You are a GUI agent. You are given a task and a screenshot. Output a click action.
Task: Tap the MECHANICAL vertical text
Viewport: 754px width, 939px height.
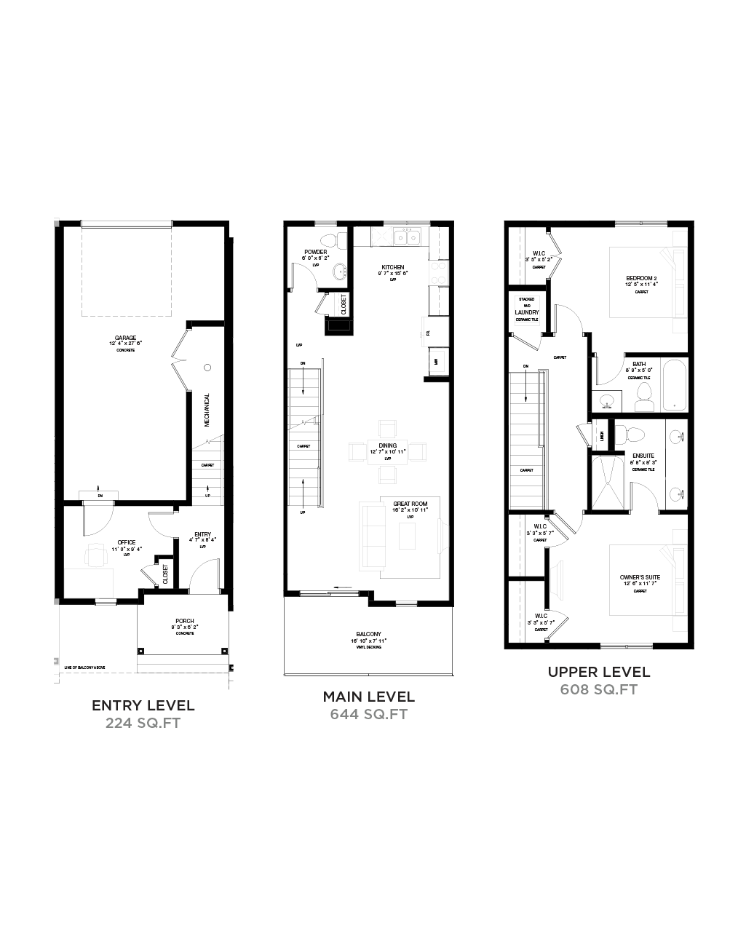coord(207,410)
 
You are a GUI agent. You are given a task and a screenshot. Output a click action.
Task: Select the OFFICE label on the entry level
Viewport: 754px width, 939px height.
coord(126,542)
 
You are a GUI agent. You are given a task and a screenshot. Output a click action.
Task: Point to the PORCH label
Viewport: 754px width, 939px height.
coord(185,621)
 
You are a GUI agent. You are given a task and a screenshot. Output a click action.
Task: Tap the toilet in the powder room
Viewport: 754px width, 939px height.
coord(329,239)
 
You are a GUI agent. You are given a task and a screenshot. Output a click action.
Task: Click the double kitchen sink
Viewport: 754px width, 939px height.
coord(405,237)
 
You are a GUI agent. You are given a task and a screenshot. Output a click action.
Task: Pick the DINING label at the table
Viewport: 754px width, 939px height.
coord(387,445)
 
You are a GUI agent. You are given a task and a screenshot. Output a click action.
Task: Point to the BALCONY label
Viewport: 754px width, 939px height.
coord(369,634)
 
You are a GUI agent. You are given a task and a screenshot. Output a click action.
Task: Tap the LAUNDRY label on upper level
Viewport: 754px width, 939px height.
coord(525,312)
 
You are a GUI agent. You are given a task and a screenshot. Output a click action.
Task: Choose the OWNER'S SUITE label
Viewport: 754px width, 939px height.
coord(641,577)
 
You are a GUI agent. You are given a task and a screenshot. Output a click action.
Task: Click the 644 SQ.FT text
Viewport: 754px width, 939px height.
coord(368,714)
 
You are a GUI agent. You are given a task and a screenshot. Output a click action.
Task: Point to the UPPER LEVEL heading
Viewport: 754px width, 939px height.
coord(599,673)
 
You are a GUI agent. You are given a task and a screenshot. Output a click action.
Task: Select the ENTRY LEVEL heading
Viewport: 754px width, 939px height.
coord(143,705)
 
